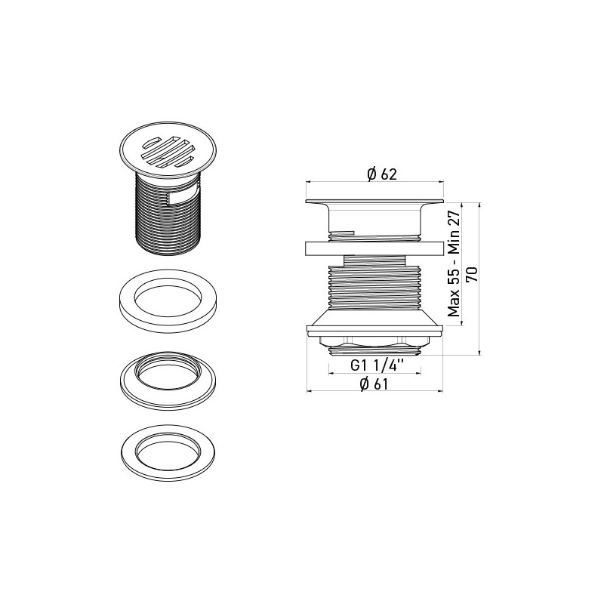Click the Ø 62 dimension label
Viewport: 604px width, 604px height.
coord(381,174)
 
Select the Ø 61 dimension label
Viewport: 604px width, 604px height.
coord(374,384)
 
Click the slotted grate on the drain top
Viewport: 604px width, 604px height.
coord(168,152)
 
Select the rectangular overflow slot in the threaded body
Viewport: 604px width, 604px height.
coord(183,198)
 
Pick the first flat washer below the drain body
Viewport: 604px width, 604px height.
coord(168,300)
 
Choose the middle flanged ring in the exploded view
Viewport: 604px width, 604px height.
coord(168,380)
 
